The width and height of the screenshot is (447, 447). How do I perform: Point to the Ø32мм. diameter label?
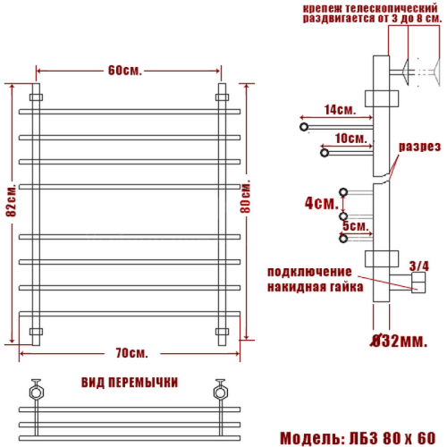click(x=400, y=340)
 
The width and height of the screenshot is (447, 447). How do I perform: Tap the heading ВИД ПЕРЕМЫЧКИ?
click(x=129, y=382)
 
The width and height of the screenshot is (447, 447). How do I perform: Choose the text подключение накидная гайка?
click(x=314, y=279)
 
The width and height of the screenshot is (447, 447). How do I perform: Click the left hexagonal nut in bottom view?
click(x=37, y=390)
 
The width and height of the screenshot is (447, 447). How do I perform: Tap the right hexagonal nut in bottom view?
click(x=219, y=390)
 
